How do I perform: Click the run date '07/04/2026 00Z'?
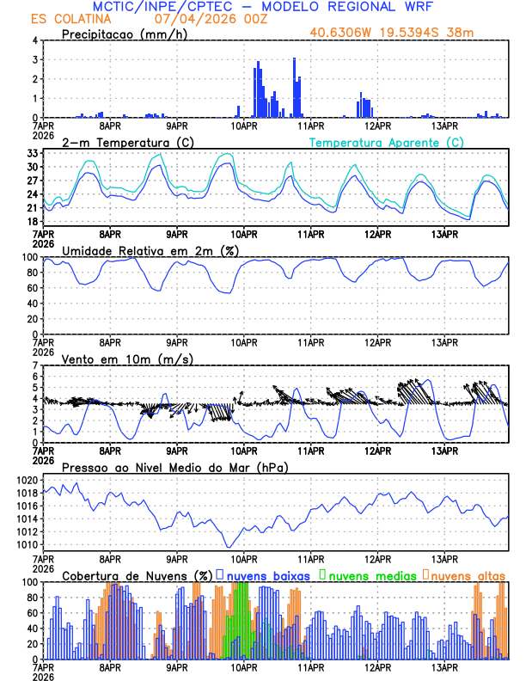click(203, 19)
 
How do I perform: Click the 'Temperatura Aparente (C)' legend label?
click(386, 142)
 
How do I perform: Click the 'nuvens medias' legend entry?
click(370, 575)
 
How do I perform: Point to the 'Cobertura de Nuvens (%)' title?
click(137, 575)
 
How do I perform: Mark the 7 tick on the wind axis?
click(35, 365)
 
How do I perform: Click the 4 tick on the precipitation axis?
click(35, 40)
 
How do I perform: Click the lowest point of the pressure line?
click(229, 547)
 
